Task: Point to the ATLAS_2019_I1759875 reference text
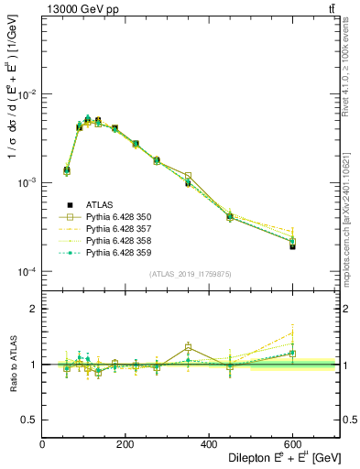coord(191,273)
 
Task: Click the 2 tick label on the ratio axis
coord(35,310)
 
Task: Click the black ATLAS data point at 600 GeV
coord(292,246)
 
